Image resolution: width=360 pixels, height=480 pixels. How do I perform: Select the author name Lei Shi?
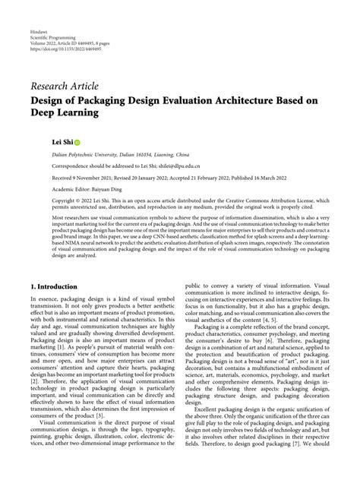[x=42, y=141]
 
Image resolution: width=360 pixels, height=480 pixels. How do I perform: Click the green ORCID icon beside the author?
[x=57, y=142]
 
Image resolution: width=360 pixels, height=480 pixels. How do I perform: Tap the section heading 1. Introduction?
[x=53, y=267]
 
